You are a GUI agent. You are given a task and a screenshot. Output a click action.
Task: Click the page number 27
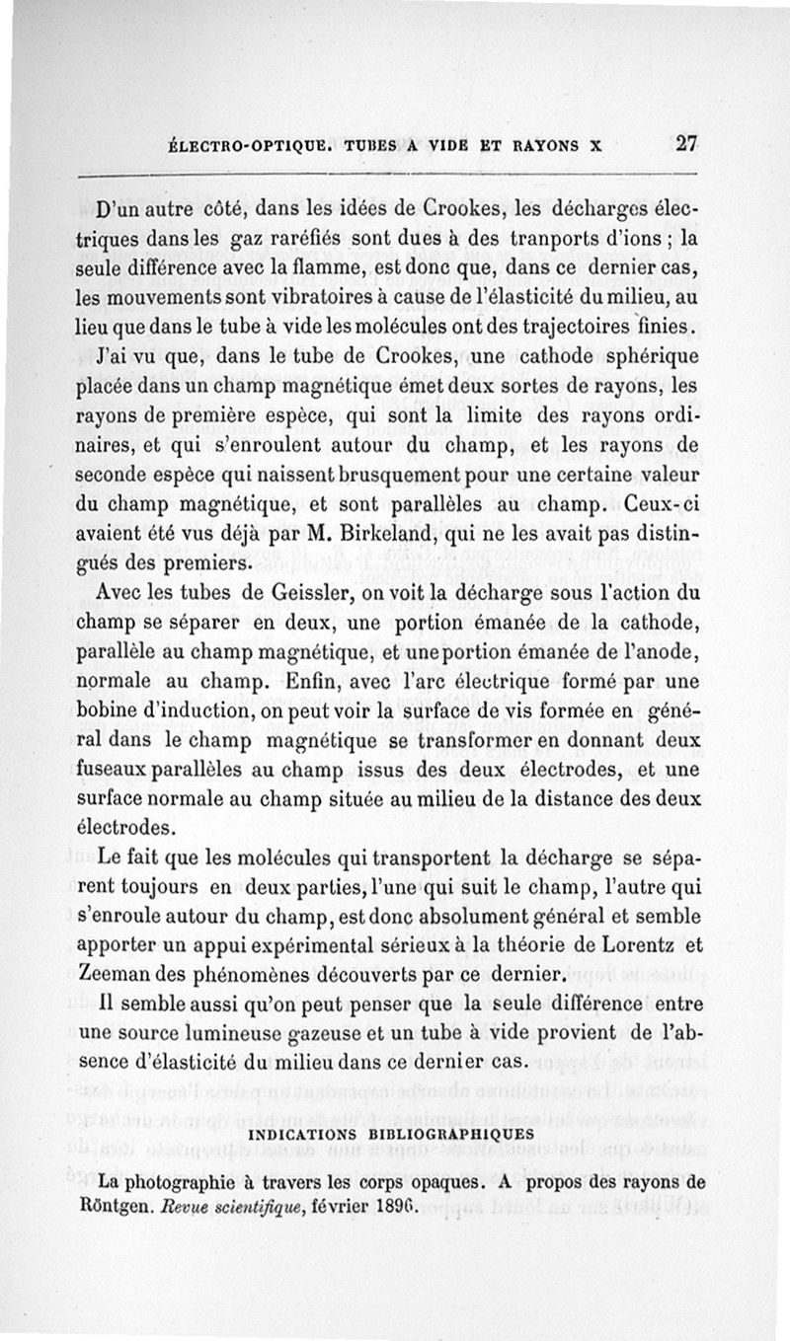coord(687,142)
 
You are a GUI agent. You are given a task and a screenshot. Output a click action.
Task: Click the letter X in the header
coord(594,144)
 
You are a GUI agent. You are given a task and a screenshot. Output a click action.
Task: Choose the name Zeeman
coord(113,975)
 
